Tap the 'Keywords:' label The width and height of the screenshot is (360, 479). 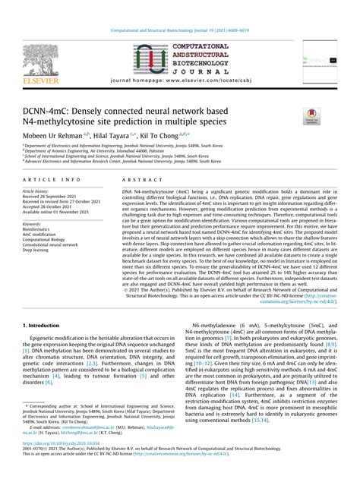click(x=32, y=225)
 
